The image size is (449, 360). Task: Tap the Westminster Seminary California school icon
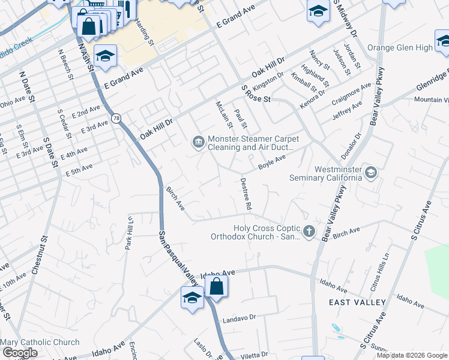370,173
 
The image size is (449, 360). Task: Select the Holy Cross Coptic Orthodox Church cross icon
309,232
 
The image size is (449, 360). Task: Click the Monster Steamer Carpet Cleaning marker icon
198,142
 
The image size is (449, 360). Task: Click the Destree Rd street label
245,193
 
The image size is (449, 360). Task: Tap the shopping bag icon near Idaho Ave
216,287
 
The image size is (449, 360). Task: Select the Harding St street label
145,31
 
